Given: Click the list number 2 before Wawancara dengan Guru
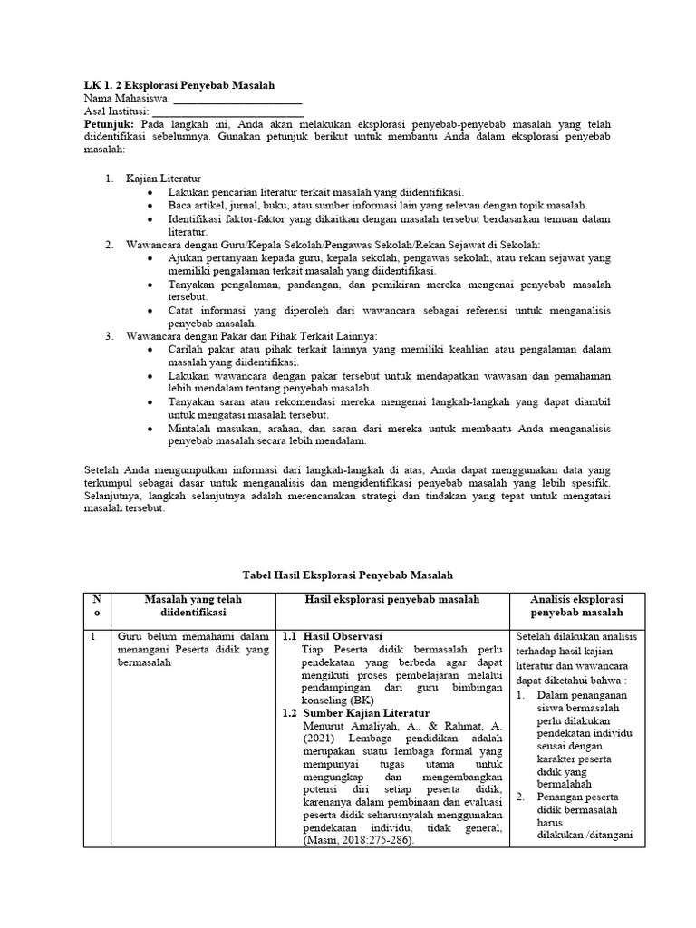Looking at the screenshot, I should coord(108,245).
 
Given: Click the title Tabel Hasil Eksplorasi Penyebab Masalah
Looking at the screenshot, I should coord(348,575).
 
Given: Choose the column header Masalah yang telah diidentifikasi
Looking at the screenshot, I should coord(193,605).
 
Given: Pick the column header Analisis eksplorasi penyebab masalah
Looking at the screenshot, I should coord(577,605).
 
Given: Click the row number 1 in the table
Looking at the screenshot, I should coord(92,636).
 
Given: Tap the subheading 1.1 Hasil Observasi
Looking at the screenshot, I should coord(333,636).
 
